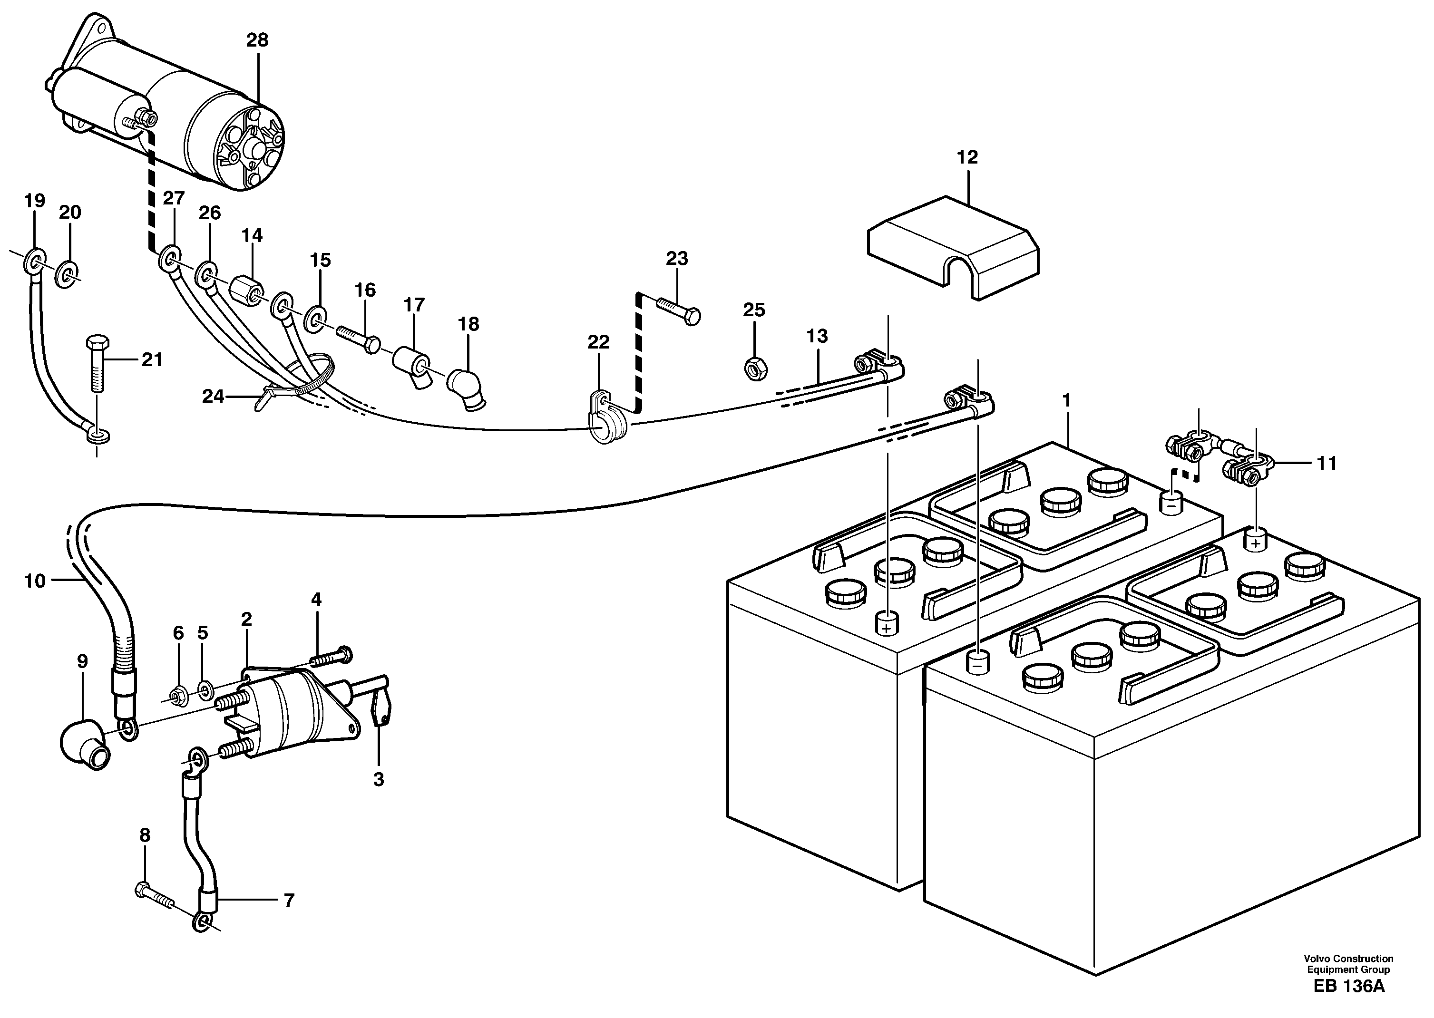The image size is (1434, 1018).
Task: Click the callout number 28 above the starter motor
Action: [x=257, y=40]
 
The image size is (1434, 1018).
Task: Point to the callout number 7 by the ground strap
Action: [x=288, y=901]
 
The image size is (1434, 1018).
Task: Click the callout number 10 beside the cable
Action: [x=35, y=581]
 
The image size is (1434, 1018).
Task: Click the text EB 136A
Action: [x=1348, y=1004]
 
